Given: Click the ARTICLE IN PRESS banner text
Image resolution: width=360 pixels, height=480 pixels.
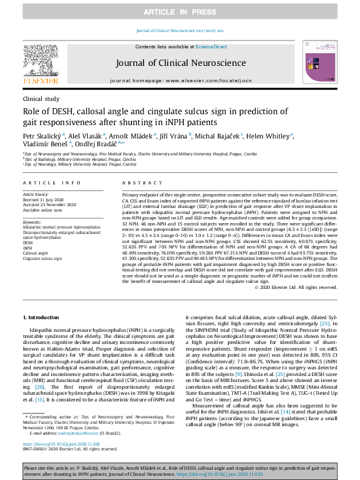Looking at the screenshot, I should tap(179, 13).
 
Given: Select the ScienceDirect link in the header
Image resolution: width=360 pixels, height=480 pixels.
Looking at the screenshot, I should tap(211, 47).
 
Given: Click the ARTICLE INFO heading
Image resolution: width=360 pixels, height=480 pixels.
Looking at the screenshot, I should tap(51, 183).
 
